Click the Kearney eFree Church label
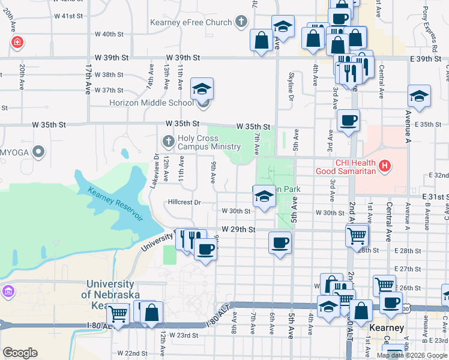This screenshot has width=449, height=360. tap(191, 23)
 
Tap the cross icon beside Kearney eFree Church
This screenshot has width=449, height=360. tap(241, 23)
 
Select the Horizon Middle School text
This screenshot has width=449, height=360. tap(151, 103)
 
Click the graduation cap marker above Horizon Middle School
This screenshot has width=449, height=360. tap(202, 89)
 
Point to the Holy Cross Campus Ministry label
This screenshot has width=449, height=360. tap(209, 142)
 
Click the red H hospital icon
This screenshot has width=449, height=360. tap(385, 165)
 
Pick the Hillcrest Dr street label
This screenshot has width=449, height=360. tap(184, 202)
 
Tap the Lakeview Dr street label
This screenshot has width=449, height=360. tap(157, 171)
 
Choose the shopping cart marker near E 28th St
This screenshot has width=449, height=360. tap(357, 235)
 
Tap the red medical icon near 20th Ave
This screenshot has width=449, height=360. tap(17, 42)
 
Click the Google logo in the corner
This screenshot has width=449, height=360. tap(20, 352)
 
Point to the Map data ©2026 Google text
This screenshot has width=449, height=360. tap(412, 355)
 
